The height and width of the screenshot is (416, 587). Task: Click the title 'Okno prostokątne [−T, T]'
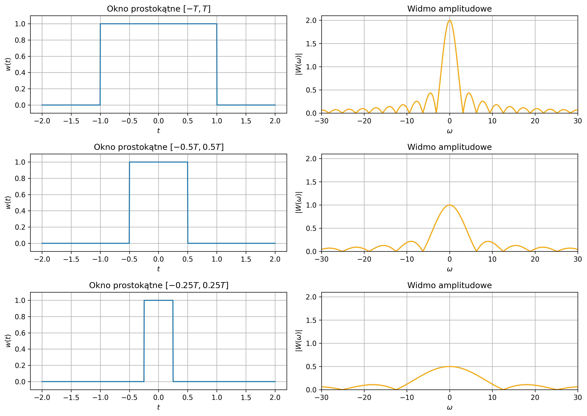tap(159, 9)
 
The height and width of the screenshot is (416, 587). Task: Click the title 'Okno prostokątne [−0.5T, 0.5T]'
tap(159, 147)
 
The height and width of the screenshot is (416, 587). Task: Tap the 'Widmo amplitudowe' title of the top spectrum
tap(449, 9)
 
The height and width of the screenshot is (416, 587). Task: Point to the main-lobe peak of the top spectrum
tap(449, 20)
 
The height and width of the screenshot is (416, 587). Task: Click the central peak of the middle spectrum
tap(449, 205)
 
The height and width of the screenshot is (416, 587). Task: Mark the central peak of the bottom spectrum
tap(449, 367)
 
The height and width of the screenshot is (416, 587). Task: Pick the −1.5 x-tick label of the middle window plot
tap(71, 259)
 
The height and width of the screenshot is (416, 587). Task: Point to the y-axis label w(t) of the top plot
tap(8, 64)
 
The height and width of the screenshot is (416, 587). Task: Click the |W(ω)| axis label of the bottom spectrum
tap(299, 341)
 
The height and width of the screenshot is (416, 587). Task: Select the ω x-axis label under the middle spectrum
tap(449, 269)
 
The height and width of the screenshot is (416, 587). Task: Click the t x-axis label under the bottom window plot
tap(159, 407)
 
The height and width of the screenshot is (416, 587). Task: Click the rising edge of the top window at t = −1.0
tap(100, 64)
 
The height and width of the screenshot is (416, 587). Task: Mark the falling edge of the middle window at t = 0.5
tap(188, 202)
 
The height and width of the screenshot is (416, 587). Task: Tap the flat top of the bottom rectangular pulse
tap(159, 300)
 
